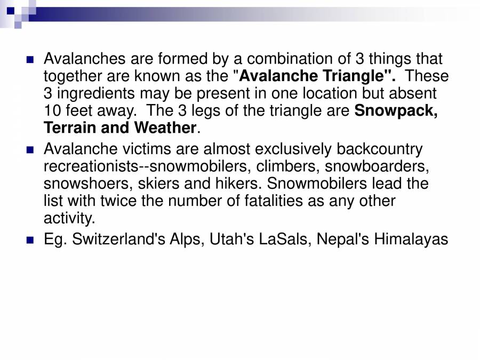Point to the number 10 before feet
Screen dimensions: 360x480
pos(52,111)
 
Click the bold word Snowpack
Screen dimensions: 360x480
pos(396,111)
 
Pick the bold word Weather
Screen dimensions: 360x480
pos(165,128)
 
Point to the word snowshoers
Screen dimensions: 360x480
pos(87,184)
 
